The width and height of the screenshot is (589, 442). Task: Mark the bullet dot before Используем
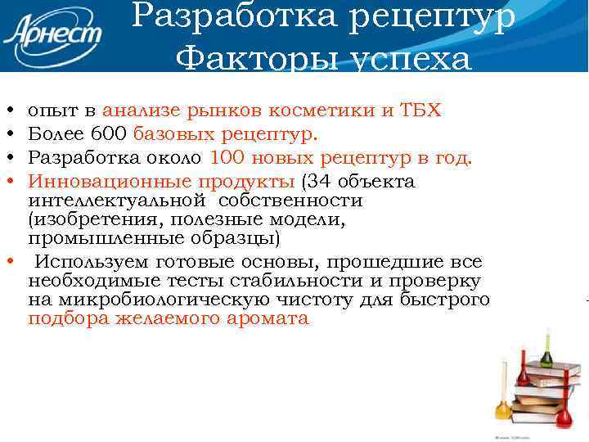[8, 262]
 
